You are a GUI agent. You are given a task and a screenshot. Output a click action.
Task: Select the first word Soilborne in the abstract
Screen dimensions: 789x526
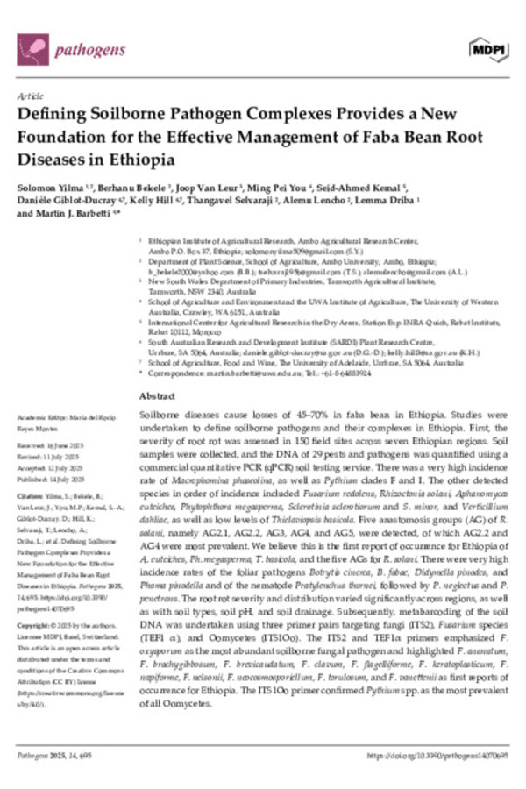[161, 412]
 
